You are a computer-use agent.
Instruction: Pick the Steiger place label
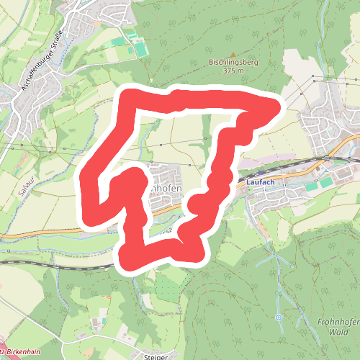point(155,356)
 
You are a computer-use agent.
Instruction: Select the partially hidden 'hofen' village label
point(166,189)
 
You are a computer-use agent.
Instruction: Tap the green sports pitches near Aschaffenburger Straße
point(137,49)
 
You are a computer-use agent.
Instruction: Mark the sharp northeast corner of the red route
point(276,107)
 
